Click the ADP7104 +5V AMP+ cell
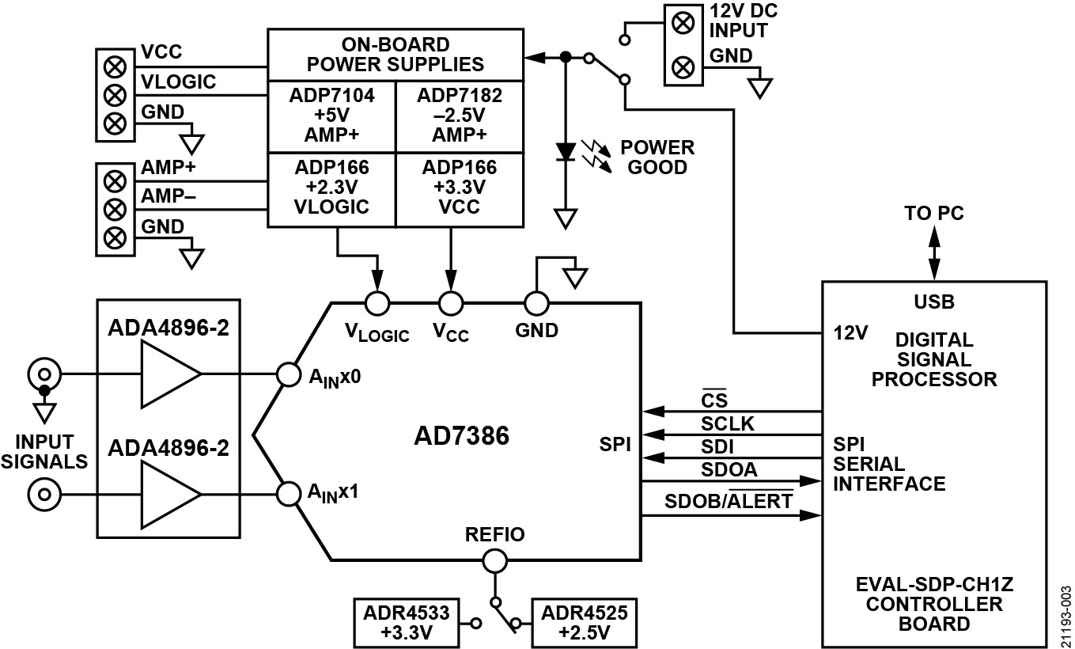[331, 116]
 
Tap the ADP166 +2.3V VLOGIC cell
[331, 188]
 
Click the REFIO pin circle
[494, 561]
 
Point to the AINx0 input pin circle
[288, 374]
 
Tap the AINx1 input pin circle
[288, 494]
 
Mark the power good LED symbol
[565, 151]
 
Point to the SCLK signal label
[728, 425]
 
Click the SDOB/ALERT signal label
[728, 502]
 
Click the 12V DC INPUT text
[738, 23]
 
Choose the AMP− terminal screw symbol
[115, 209]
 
